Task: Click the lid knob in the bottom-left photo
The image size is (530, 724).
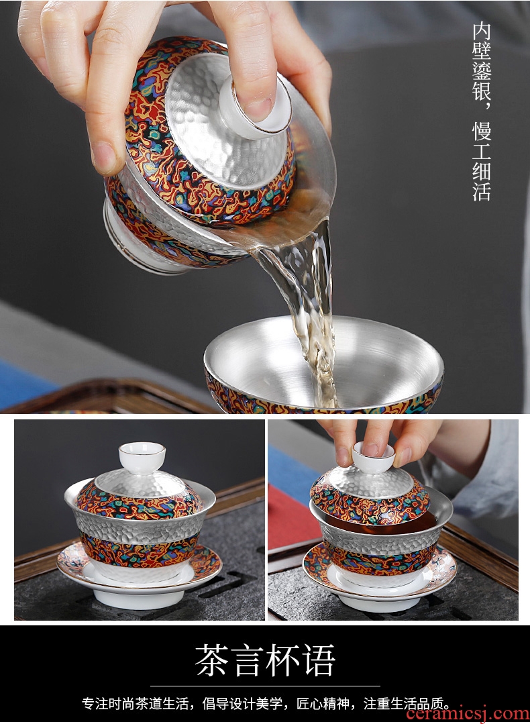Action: point(142,457)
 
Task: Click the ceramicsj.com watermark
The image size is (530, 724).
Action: point(467,714)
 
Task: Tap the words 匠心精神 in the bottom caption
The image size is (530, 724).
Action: point(323,704)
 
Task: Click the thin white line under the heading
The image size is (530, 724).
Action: point(265,686)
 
